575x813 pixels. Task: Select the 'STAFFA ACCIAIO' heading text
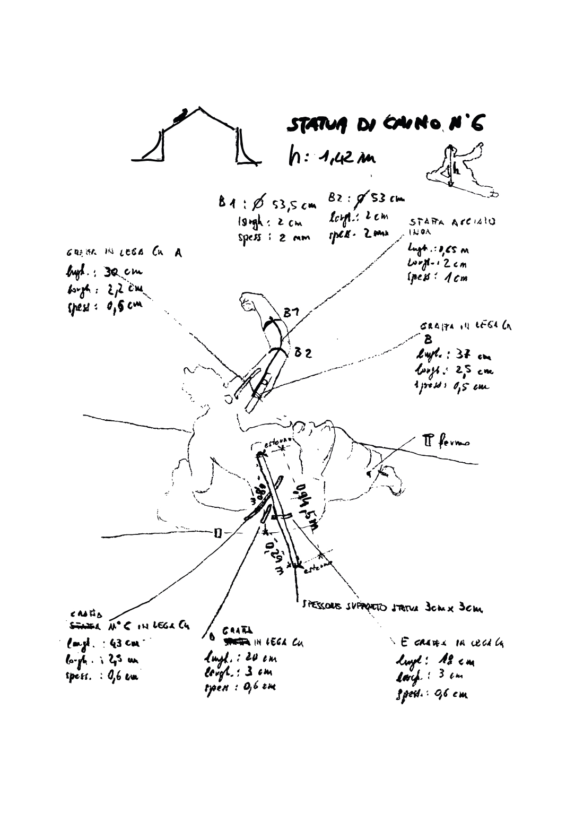pos(452,223)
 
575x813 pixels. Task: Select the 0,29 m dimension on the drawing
pos(275,555)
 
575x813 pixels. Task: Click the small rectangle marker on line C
pos(217,532)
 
